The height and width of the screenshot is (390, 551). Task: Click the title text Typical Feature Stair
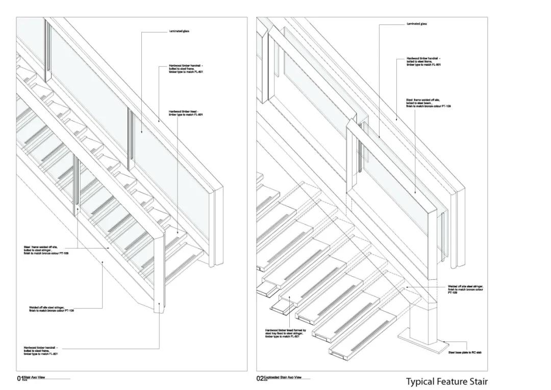tap(446, 381)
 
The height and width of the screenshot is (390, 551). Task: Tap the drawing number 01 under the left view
tap(20, 378)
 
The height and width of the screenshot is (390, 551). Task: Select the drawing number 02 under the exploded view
tap(260, 378)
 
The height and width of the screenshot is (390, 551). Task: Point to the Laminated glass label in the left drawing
tap(179, 32)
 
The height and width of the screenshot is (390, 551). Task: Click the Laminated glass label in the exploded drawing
tap(417, 24)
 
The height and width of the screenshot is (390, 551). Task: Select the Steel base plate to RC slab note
tap(465, 352)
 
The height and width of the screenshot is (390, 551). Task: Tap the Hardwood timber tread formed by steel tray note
tap(285, 333)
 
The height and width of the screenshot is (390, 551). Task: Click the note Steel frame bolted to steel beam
tap(429, 103)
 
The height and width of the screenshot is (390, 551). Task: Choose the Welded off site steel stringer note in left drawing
tap(52, 309)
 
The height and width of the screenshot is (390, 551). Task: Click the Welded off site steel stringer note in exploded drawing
tap(465, 289)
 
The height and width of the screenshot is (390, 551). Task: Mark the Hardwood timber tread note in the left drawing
tap(186, 113)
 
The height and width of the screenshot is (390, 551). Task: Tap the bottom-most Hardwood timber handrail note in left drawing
tap(40, 351)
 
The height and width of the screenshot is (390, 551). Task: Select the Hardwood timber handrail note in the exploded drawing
tap(423, 62)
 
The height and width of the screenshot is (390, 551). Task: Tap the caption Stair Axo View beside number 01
tap(35, 377)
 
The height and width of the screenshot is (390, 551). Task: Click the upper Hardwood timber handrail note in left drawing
tap(186, 68)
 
